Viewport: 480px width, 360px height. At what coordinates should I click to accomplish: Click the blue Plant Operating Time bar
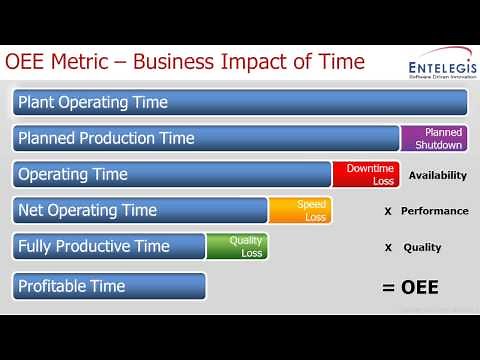(240, 102)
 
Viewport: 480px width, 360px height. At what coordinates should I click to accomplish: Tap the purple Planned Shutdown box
(434, 138)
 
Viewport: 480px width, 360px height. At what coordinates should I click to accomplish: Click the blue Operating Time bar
(173, 174)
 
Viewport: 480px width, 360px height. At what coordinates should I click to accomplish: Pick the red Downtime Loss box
(366, 174)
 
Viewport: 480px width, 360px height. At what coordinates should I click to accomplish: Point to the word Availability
(438, 175)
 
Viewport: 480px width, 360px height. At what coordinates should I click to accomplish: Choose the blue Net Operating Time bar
(141, 210)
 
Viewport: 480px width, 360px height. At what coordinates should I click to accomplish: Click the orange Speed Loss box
(300, 210)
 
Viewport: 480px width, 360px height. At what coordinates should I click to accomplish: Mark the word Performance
(434, 211)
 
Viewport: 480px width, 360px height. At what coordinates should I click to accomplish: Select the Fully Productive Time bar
(110, 246)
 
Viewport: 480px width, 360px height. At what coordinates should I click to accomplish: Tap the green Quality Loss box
(237, 246)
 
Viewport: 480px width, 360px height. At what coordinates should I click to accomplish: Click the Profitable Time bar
(110, 286)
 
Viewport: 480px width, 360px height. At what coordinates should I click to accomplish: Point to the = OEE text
(411, 288)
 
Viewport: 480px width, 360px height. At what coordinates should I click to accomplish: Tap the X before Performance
(387, 211)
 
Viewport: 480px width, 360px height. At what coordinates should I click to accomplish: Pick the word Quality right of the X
(422, 247)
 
